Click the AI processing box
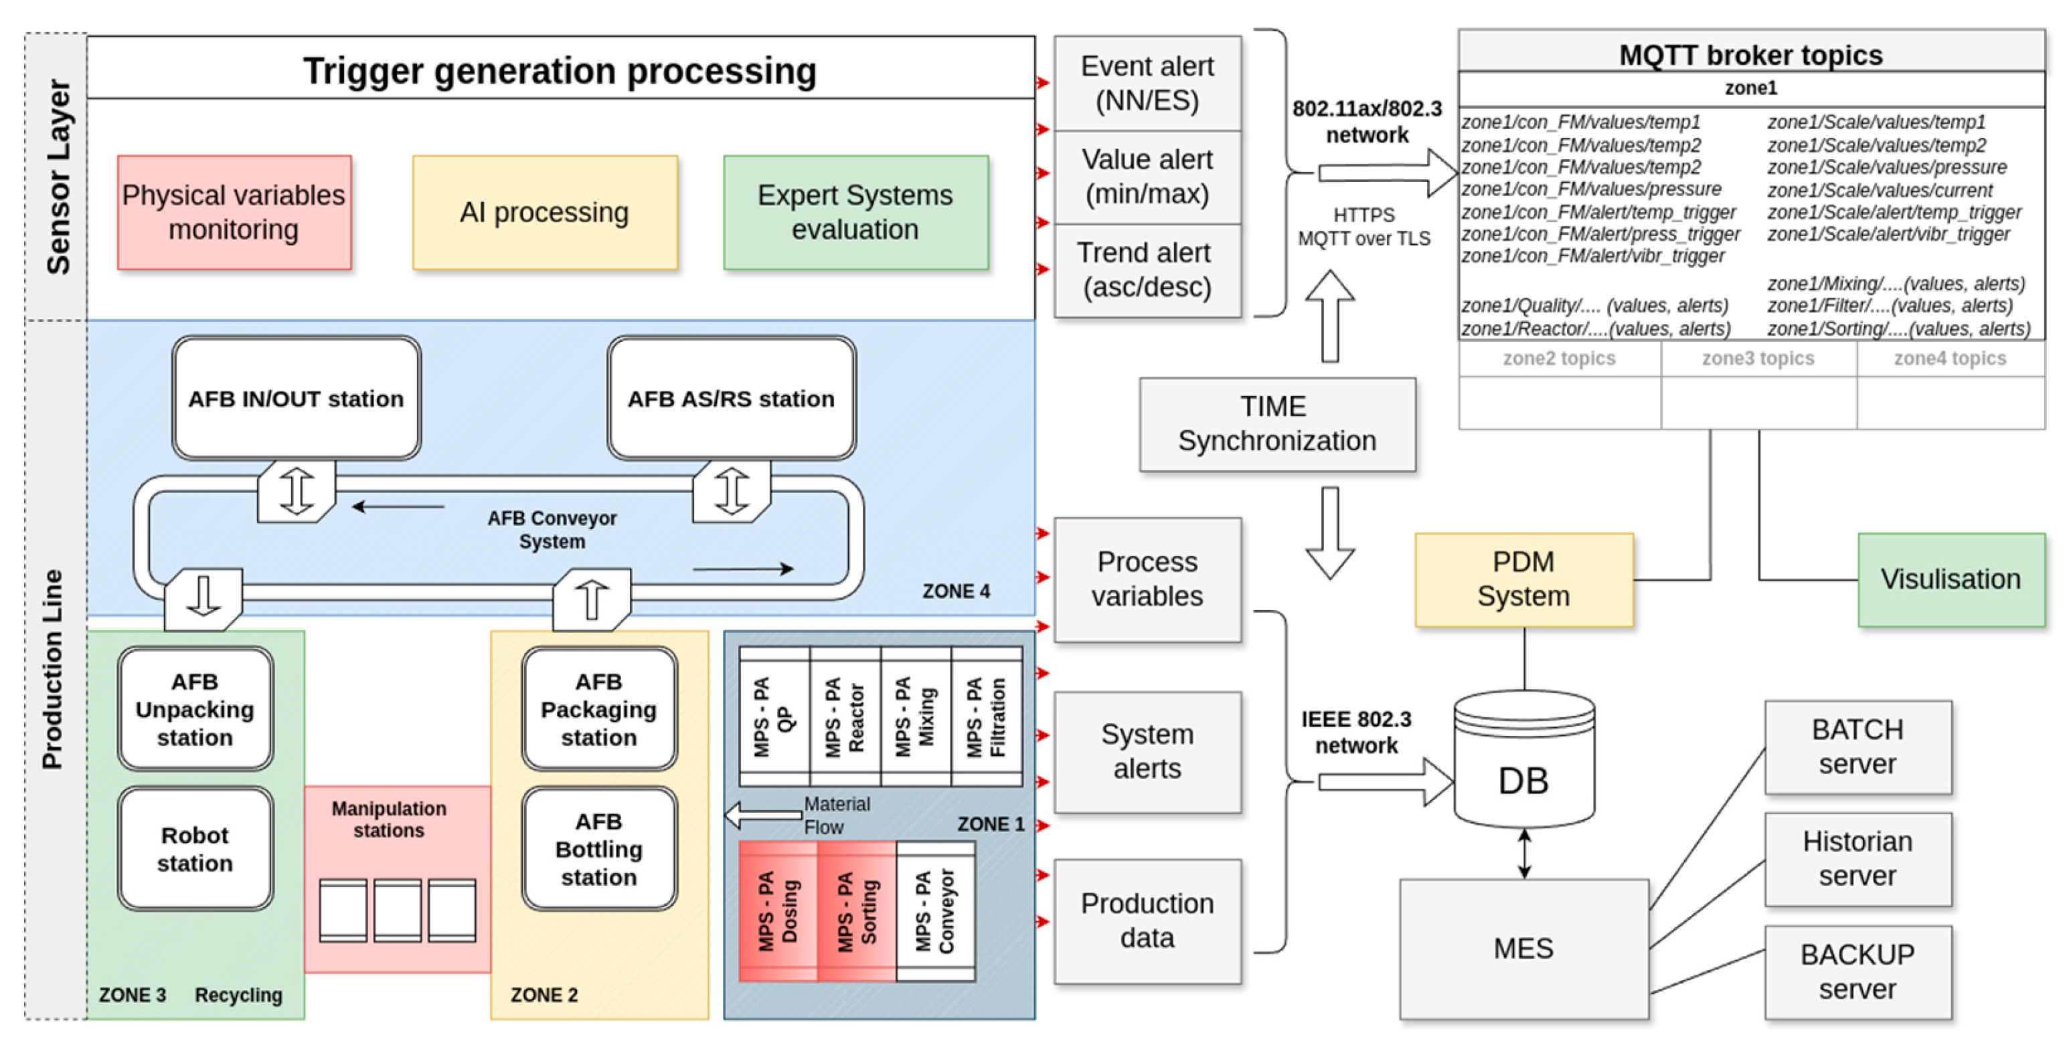(544, 212)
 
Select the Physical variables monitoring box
(234, 212)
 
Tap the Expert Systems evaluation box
(855, 212)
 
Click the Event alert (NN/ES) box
(1147, 83)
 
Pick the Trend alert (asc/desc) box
(1147, 270)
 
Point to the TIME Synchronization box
(1276, 423)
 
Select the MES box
(1523, 949)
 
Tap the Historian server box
(1857, 858)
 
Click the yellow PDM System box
(1523, 579)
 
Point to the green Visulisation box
(1951, 579)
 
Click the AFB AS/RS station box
(731, 399)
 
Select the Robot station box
(195, 849)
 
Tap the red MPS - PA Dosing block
(777, 910)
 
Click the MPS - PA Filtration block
(986, 715)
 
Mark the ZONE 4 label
(955, 591)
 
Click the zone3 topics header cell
(1758, 359)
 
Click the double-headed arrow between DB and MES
(1524, 854)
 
